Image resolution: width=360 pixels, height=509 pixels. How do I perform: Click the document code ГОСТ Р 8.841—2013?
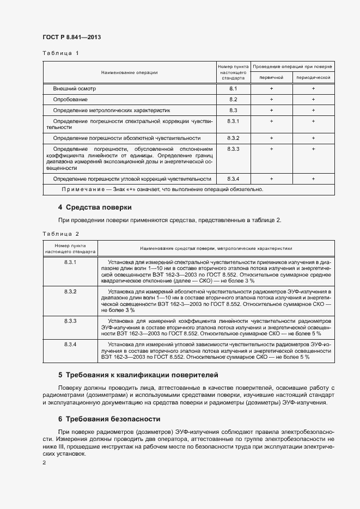[x=72, y=37]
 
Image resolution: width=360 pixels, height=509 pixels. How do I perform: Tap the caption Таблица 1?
[x=60, y=53]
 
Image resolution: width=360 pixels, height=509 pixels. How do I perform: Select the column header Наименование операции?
[x=129, y=72]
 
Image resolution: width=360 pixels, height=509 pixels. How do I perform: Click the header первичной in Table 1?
[x=271, y=77]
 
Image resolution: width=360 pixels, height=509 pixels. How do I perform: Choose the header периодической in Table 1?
[x=313, y=77]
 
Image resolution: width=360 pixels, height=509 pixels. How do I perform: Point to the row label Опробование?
[x=70, y=100]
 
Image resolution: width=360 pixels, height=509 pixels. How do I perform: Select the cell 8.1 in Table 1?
[x=233, y=88]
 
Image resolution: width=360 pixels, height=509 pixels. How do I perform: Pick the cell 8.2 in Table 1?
[x=233, y=100]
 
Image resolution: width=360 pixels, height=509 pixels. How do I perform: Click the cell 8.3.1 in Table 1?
[x=233, y=120]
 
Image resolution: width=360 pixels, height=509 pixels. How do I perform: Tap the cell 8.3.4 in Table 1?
[x=233, y=179]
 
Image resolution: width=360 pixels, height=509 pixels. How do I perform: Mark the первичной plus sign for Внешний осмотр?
[x=271, y=88]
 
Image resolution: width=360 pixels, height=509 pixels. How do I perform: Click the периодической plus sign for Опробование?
[x=313, y=100]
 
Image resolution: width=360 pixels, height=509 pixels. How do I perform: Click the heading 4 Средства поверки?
[x=95, y=207]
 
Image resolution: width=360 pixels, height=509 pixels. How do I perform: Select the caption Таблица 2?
[x=60, y=234]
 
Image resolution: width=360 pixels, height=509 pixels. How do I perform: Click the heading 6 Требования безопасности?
[x=109, y=419]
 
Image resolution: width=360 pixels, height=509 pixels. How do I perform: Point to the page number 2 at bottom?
[x=44, y=462]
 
